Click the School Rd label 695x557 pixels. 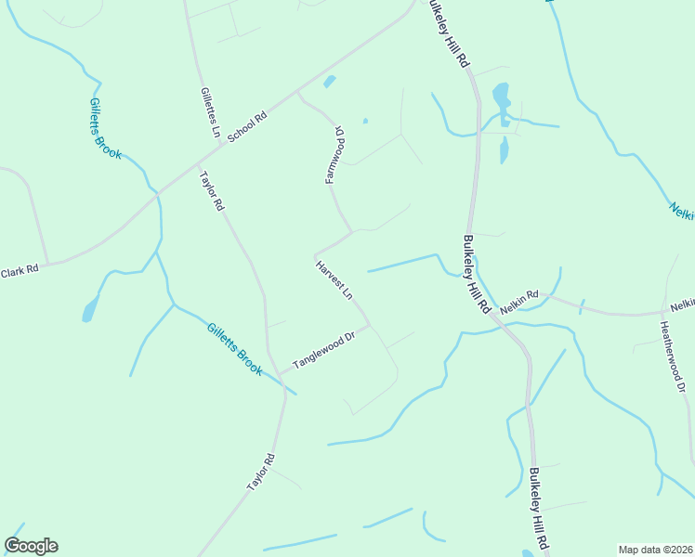tap(247, 126)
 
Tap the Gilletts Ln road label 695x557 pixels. tap(209, 113)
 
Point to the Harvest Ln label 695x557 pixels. tap(334, 280)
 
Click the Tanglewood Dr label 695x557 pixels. tap(324, 351)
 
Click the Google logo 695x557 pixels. tap(31, 546)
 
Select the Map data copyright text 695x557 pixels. tap(656, 550)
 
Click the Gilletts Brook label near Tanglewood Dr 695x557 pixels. tap(235, 349)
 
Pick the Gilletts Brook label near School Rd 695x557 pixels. tap(105, 128)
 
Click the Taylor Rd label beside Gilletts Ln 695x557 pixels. tap(212, 190)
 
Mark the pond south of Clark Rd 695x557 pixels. tap(89, 309)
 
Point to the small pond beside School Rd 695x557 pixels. tap(329, 82)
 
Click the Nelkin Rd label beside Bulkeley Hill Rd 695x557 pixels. tap(518, 301)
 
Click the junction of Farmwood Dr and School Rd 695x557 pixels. tap(297, 93)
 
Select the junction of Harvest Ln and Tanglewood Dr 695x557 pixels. tap(370, 326)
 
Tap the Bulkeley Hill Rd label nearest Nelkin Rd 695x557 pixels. tap(475, 274)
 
